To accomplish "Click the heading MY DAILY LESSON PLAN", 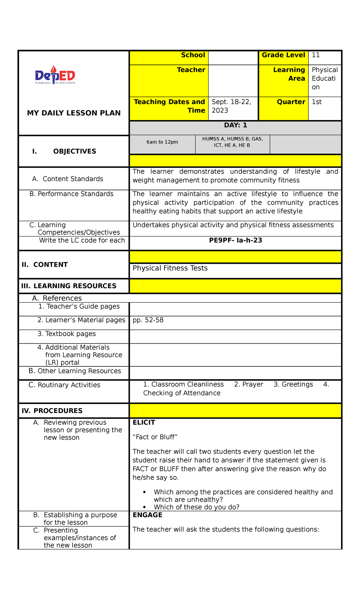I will click(74, 113).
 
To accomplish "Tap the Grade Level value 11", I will click(316, 55).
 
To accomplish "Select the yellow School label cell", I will click(169, 58).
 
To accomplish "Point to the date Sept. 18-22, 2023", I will click(231, 106).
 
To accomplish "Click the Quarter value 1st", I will click(316, 102).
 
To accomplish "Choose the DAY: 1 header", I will click(235, 125).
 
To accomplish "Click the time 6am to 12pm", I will click(162, 142).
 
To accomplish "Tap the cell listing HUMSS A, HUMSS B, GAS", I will click(232, 142).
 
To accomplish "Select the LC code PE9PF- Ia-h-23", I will click(235, 240).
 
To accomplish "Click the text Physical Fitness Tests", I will click(170, 268).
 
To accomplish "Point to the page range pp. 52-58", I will click(148, 320).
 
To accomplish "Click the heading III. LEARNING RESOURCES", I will click(69, 286).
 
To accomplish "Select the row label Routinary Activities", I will click(69, 385).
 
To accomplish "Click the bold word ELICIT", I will click(144, 423).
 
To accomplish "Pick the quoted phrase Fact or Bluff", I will click(155, 437).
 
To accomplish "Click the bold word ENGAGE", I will click(147, 515).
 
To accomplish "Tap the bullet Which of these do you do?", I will click(196, 507).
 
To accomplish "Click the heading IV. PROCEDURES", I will click(52, 411).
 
